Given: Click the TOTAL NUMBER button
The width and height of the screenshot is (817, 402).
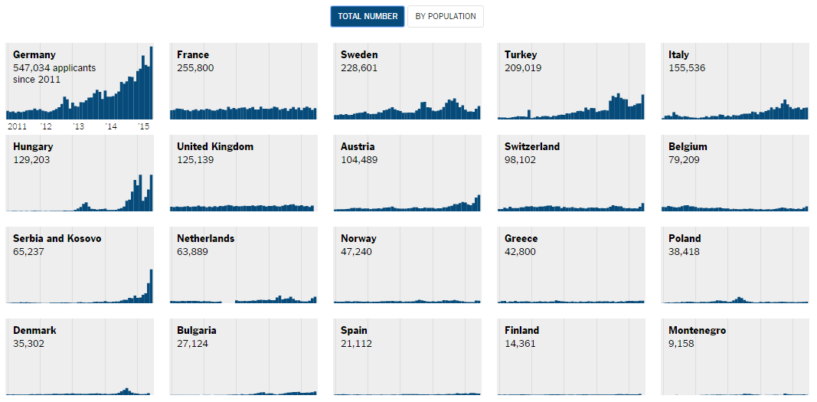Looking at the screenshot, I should click(x=368, y=16).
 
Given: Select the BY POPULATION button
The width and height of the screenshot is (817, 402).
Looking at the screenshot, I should click(x=446, y=16).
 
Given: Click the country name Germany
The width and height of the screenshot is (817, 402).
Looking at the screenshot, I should click(x=34, y=55).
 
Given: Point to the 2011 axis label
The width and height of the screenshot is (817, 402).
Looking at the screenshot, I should click(x=17, y=126).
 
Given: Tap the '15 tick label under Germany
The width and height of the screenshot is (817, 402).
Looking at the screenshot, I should click(x=143, y=126).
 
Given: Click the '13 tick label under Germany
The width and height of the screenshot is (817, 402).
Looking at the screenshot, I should click(x=78, y=126).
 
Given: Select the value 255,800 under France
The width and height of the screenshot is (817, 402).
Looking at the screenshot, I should click(x=195, y=68).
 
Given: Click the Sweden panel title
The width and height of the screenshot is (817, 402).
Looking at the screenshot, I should click(x=359, y=55).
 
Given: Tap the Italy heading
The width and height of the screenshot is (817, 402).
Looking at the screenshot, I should click(x=678, y=55).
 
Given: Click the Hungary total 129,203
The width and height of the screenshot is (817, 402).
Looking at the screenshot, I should click(x=31, y=160).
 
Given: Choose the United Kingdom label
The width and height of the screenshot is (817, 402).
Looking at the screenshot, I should click(x=215, y=147).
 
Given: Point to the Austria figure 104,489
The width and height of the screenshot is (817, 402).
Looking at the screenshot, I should click(x=359, y=160).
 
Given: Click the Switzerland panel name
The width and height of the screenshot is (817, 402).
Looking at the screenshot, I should click(x=532, y=147).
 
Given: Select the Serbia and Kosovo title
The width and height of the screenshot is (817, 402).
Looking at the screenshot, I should click(x=57, y=239).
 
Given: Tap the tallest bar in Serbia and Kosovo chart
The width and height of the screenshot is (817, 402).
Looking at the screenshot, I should click(x=151, y=286).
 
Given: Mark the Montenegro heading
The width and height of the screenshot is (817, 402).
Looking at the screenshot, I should click(x=697, y=331).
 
